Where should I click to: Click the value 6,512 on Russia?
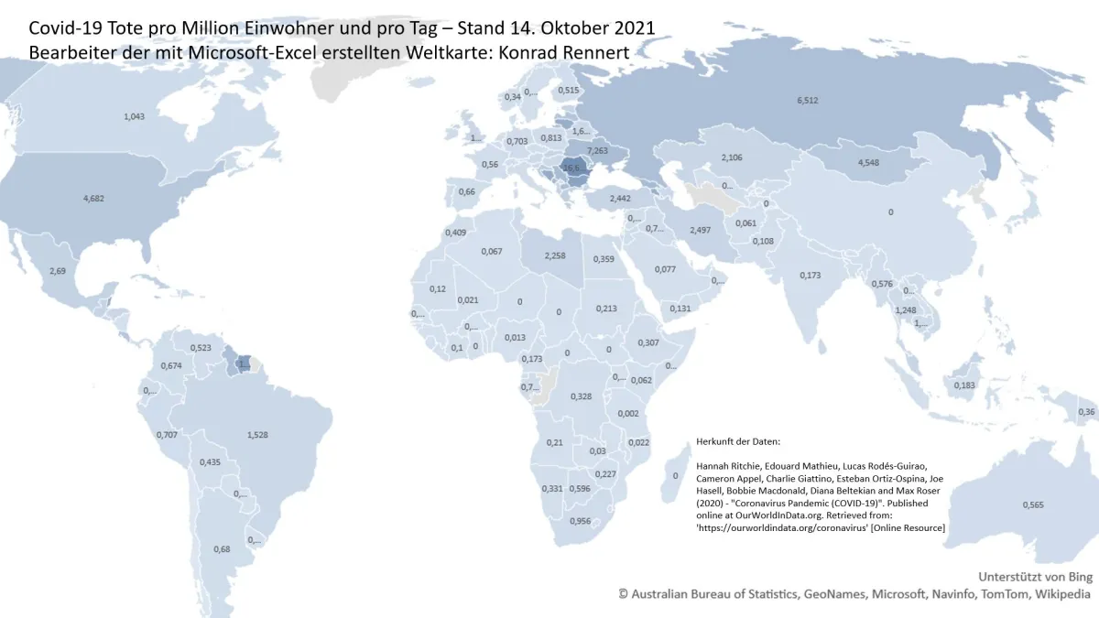click(807, 101)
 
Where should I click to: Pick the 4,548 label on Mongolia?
click(873, 163)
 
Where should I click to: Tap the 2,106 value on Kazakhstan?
click(731, 157)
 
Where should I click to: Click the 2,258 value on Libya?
click(554, 256)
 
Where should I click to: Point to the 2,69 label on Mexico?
click(58, 271)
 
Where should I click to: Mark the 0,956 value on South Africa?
click(580, 521)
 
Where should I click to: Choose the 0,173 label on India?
click(811, 276)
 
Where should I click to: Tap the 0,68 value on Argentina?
click(222, 549)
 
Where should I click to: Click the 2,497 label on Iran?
click(701, 229)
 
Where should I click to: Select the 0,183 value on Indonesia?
click(964, 385)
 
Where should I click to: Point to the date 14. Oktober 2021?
click(579, 28)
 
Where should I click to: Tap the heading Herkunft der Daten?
click(738, 440)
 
